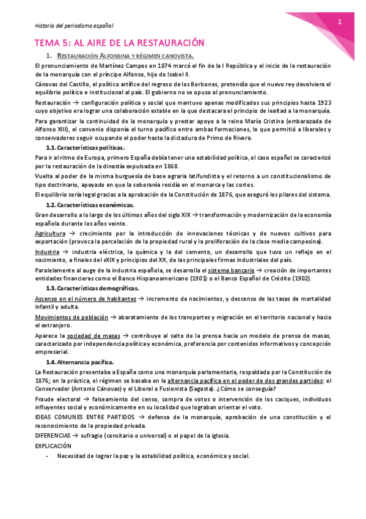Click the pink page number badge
(x=340, y=21)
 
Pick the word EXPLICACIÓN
(x=53, y=446)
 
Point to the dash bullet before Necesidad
(x=47, y=456)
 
